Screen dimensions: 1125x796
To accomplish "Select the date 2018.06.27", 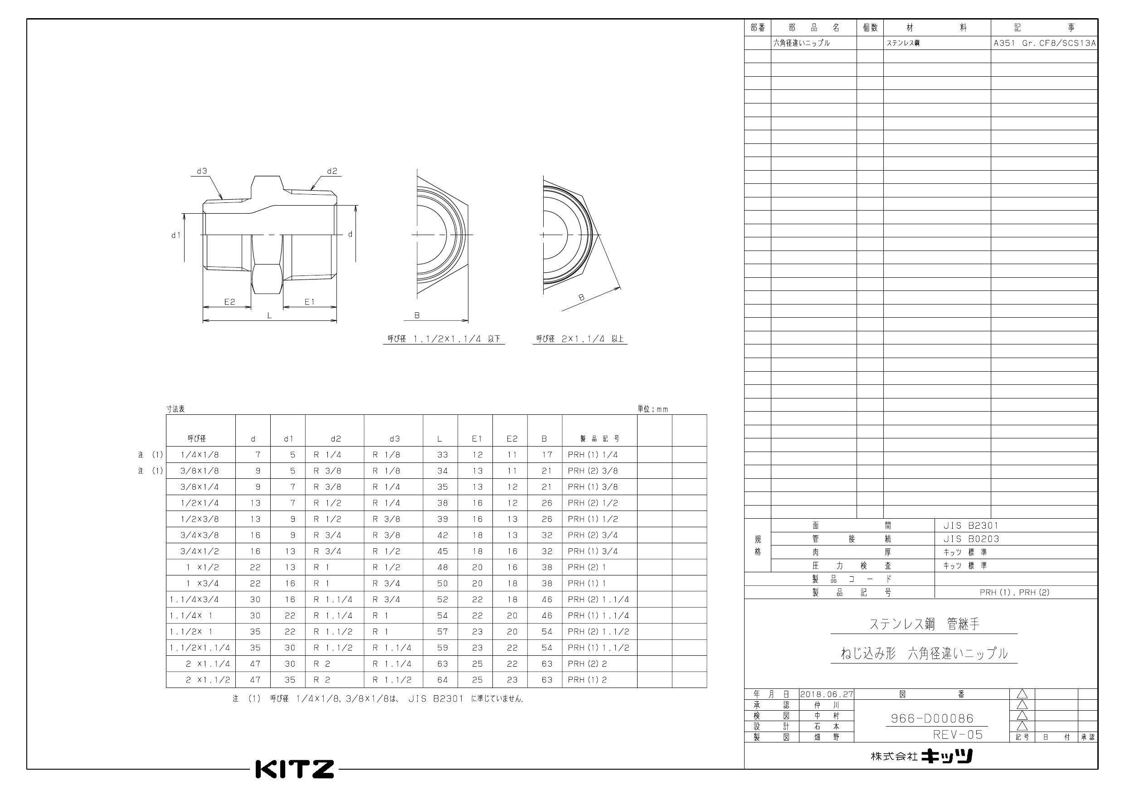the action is pos(827,694).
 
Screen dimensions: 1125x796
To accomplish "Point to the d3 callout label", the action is pos(202,171).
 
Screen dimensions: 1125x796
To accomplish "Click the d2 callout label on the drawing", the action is pos(332,171).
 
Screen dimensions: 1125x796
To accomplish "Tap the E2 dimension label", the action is pos(229,302).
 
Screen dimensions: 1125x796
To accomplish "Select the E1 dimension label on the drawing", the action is pos(309,302).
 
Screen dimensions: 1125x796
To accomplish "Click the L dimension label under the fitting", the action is pos(269,316).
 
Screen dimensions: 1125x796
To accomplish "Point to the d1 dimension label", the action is pos(176,235).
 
